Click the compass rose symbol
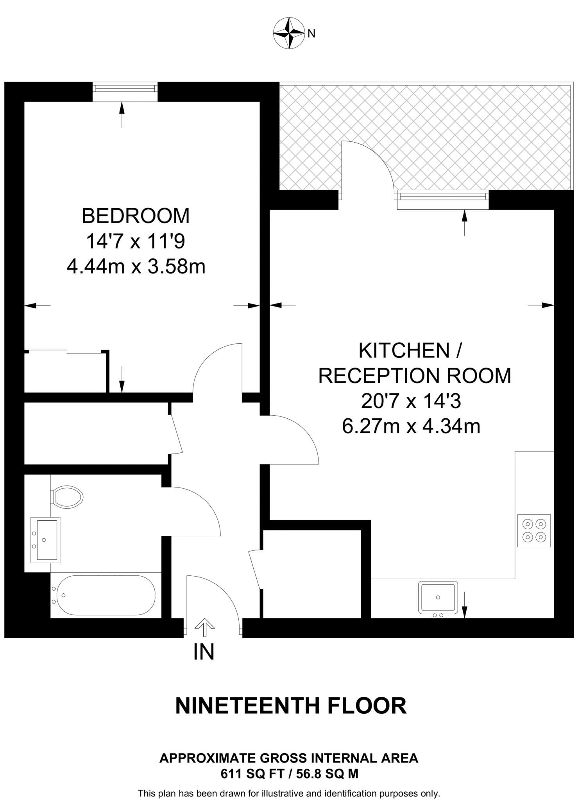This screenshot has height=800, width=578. point(289,33)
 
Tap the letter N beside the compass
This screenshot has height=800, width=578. point(311,34)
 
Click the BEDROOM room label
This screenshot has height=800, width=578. point(136,216)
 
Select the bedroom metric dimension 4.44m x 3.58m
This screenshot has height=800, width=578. point(136,267)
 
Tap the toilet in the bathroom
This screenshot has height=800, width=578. point(68,497)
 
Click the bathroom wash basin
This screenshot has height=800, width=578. point(45,540)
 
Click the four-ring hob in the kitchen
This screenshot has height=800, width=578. point(534,530)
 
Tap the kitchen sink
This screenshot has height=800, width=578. point(438,597)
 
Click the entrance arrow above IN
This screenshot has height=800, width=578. point(204,626)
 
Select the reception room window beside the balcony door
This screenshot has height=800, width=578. point(443,196)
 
